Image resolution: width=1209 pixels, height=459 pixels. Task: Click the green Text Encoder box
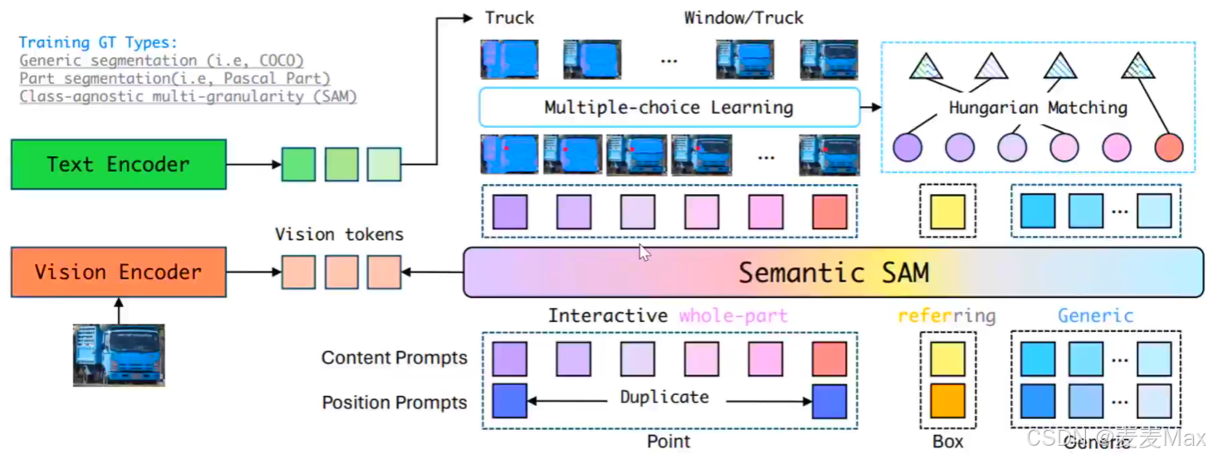pyautogui.click(x=118, y=164)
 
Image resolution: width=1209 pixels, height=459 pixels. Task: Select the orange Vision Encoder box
pyautogui.click(x=118, y=272)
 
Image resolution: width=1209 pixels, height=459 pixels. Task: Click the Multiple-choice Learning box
pyautogui.click(x=669, y=107)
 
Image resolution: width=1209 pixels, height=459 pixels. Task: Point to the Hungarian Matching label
pyautogui.click(x=1038, y=108)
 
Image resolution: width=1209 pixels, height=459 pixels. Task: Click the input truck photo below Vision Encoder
pyautogui.click(x=118, y=354)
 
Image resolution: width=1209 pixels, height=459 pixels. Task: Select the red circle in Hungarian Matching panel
pyautogui.click(x=1168, y=148)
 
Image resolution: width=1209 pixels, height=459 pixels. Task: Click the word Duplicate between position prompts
pyautogui.click(x=664, y=398)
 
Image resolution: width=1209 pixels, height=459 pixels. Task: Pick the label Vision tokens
pyautogui.click(x=339, y=234)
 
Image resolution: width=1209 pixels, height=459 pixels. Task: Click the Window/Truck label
pyautogui.click(x=744, y=17)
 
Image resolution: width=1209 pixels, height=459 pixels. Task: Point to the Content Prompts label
pyautogui.click(x=395, y=359)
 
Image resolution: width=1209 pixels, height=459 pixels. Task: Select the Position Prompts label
pyautogui.click(x=395, y=403)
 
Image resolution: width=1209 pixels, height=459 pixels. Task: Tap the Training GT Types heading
pyautogui.click(x=98, y=42)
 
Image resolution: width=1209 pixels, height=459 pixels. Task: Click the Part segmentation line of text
pyautogui.click(x=174, y=79)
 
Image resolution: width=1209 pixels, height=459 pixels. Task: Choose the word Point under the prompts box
pyautogui.click(x=669, y=442)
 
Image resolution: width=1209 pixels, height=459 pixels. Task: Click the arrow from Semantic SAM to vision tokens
pyautogui.click(x=432, y=272)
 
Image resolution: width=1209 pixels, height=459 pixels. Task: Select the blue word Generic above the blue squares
pyautogui.click(x=1095, y=316)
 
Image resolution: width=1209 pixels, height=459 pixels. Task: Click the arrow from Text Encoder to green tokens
pyautogui.click(x=253, y=164)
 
